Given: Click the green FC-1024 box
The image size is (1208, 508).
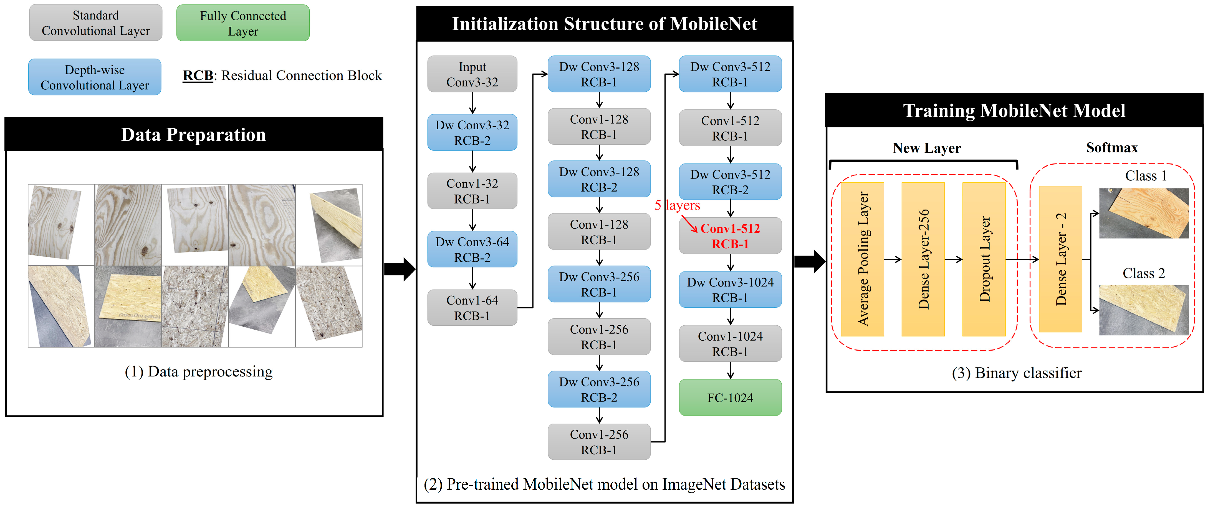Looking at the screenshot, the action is (730, 397).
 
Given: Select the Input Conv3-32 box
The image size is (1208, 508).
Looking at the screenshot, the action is (472, 74).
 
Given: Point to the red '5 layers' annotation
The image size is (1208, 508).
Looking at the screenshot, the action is (677, 205).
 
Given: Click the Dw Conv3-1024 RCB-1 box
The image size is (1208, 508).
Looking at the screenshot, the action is (730, 290).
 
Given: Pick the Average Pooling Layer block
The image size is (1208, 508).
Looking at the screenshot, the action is (862, 259).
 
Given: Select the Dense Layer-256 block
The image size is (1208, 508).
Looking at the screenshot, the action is (923, 259).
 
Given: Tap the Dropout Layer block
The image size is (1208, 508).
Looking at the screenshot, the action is (984, 259).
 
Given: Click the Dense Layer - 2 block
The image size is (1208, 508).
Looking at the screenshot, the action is (1060, 259).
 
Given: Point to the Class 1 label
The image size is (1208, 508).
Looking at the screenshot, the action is (1146, 176).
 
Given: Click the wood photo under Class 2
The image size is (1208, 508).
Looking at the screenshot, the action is (1144, 310).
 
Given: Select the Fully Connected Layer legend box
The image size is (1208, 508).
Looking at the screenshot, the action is (243, 23).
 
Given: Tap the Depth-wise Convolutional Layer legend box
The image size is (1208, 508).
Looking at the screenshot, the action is (95, 77).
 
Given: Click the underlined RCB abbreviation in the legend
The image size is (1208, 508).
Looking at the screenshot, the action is (198, 76).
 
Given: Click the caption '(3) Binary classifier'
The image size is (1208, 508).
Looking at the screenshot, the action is (1017, 373).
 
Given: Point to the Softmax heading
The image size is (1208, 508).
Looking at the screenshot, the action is (1112, 148).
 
